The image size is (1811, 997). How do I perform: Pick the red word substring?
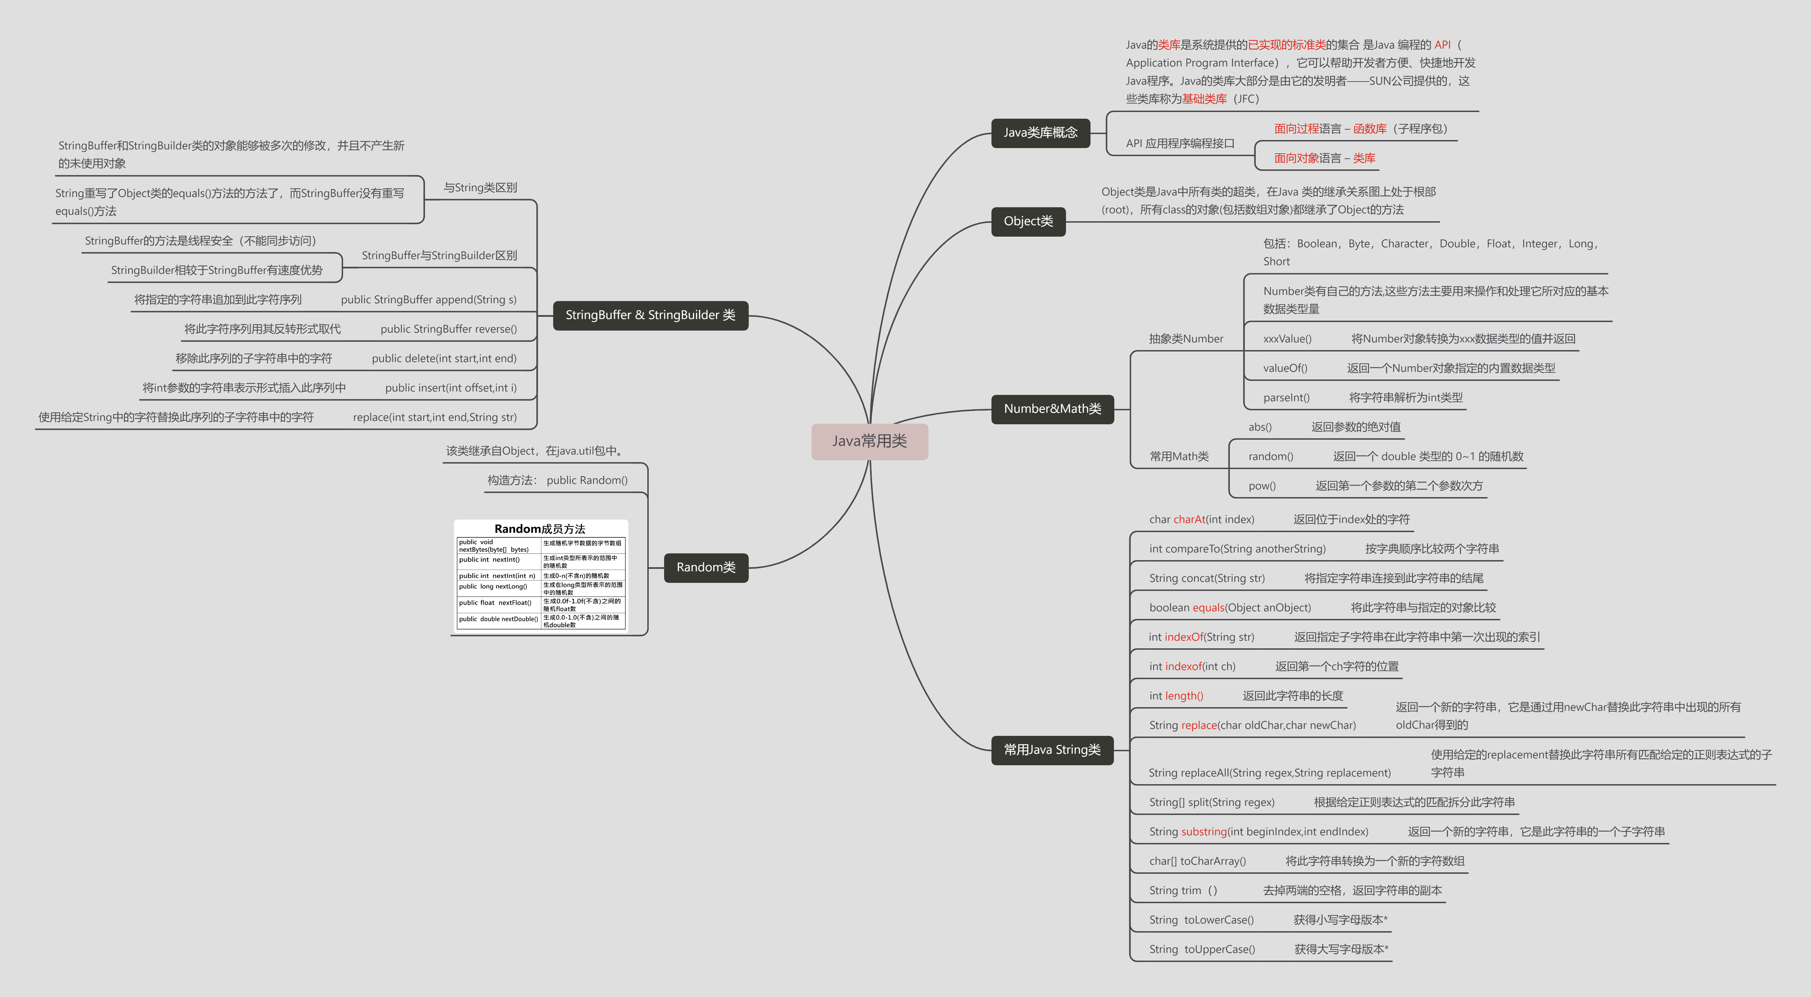click(1204, 832)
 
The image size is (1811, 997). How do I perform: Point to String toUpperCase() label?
click(1201, 949)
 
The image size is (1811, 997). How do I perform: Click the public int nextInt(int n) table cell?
click(497, 576)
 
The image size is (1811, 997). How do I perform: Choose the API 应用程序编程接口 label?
click(1180, 144)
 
